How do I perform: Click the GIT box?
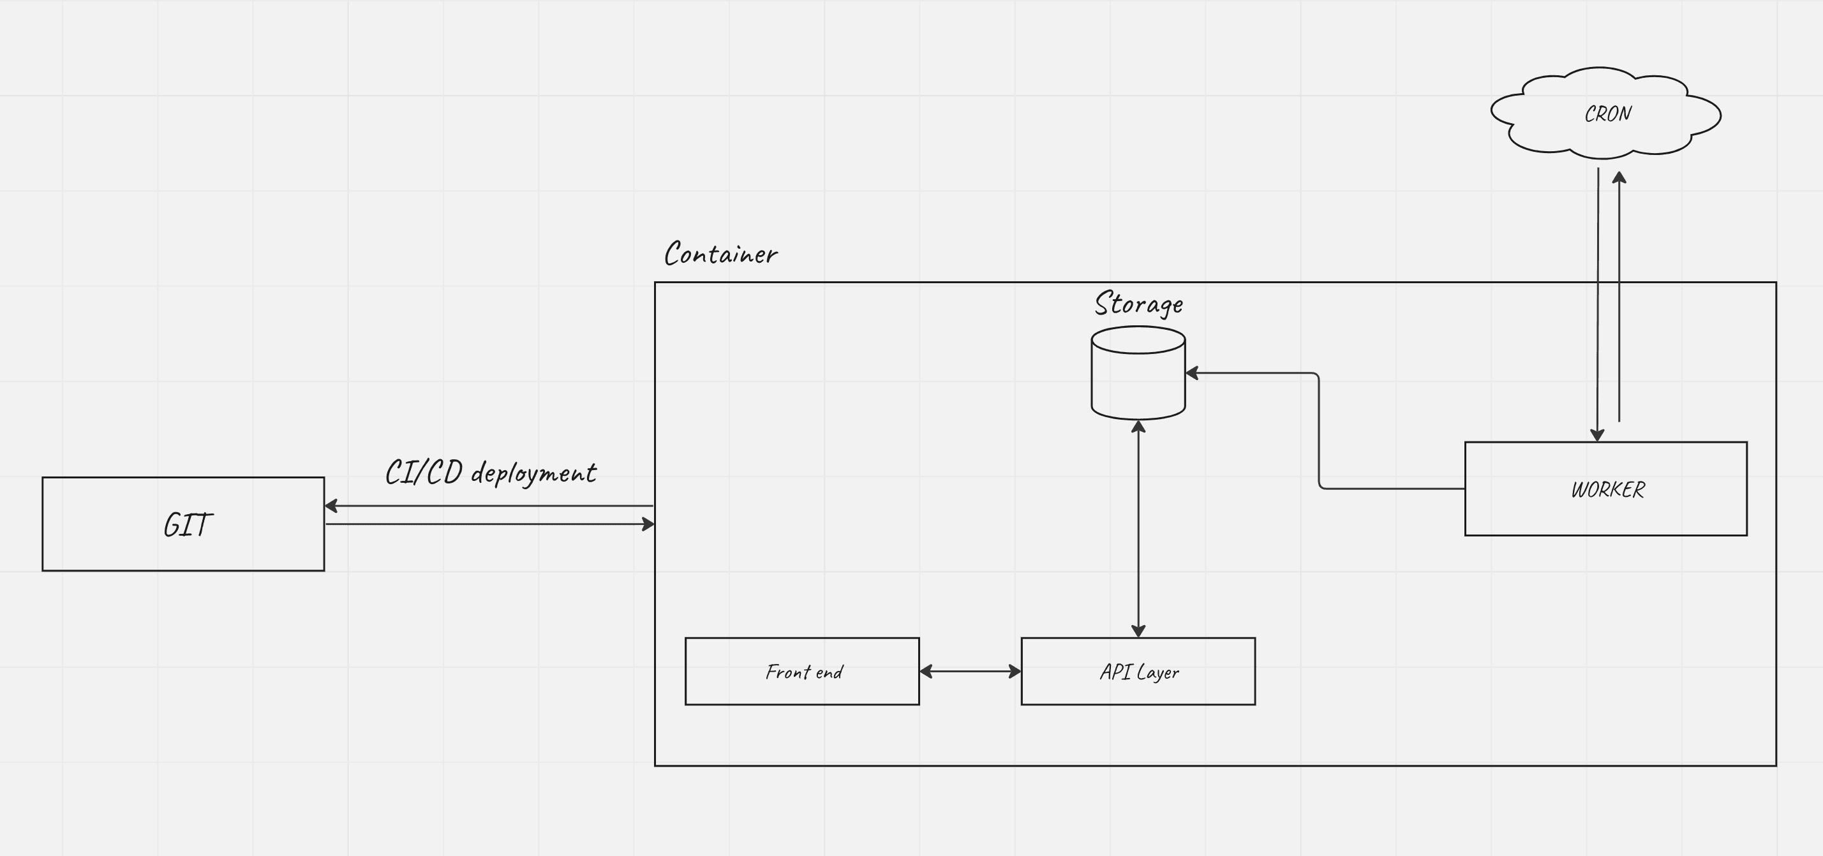coord(182,524)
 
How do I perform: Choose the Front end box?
coord(802,672)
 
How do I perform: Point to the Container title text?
coord(720,254)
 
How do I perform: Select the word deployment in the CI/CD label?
coord(533,473)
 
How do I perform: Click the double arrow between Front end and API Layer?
coord(971,672)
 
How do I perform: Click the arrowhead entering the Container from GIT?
coord(648,524)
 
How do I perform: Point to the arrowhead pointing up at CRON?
coord(1619,177)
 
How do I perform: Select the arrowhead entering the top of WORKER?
coord(1597,434)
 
